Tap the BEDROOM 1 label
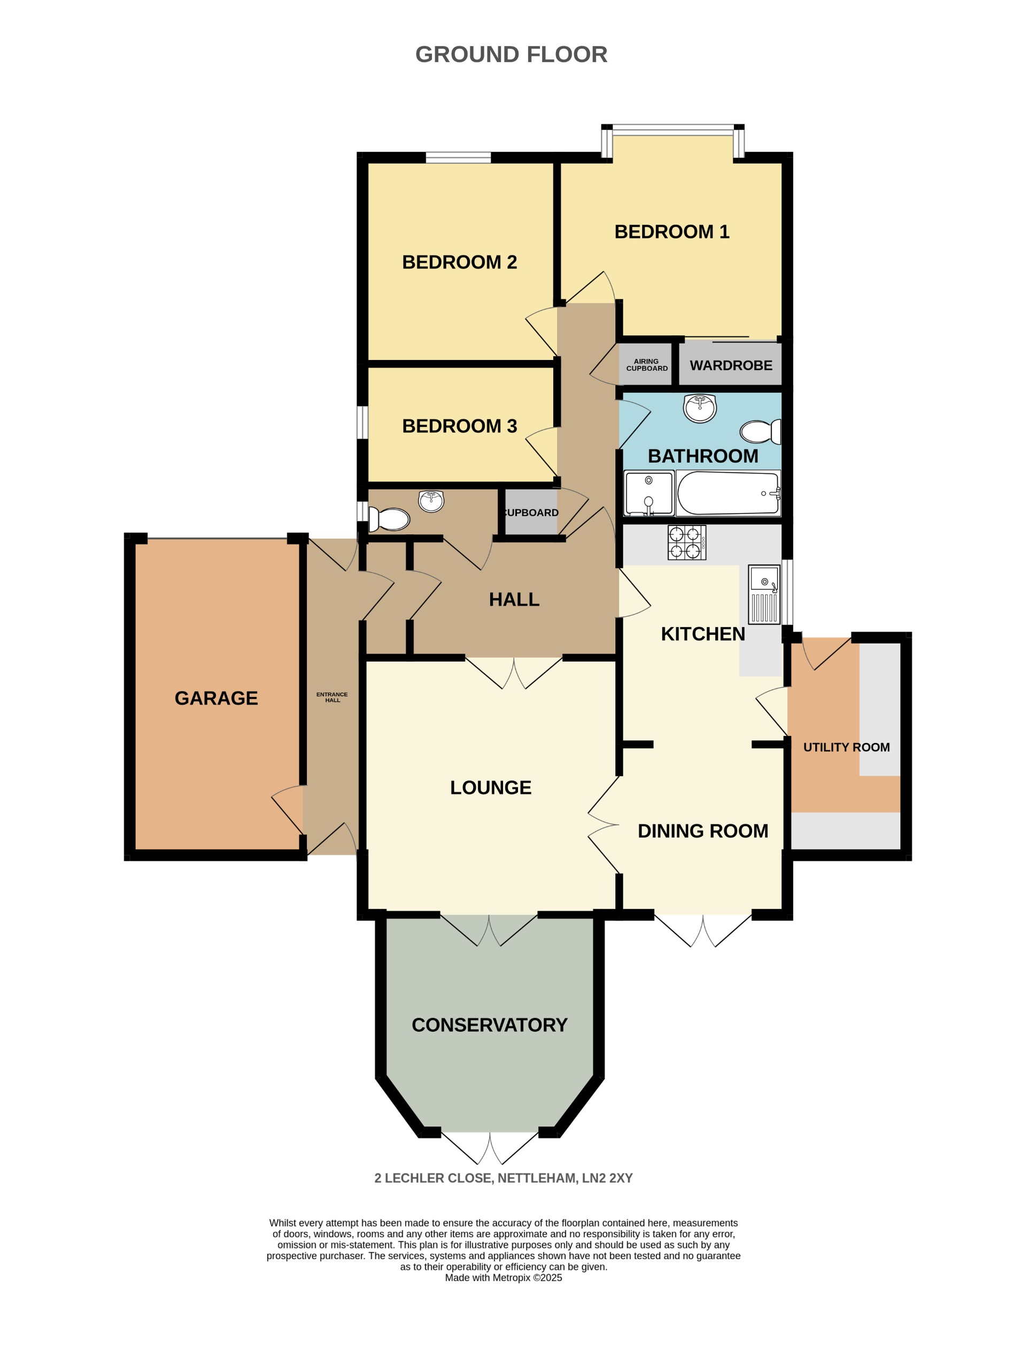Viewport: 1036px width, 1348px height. pyautogui.click(x=671, y=232)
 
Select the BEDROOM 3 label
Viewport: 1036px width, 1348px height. pyautogui.click(x=459, y=426)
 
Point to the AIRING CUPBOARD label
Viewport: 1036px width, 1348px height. pyautogui.click(x=647, y=365)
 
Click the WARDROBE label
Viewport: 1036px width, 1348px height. pyautogui.click(x=731, y=366)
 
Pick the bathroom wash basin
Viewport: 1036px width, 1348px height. pyautogui.click(x=700, y=408)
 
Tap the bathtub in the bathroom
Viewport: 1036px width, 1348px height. pyautogui.click(x=728, y=494)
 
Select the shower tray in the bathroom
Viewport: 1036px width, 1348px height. pyautogui.click(x=649, y=494)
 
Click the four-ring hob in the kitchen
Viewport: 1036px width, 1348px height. pyautogui.click(x=686, y=543)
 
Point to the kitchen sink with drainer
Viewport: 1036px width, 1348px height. pyautogui.click(x=764, y=595)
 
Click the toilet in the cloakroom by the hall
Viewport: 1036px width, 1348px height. pyautogui.click(x=389, y=519)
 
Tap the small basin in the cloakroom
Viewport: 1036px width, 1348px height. pyautogui.click(x=431, y=500)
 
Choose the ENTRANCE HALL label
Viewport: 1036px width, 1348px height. pyautogui.click(x=333, y=697)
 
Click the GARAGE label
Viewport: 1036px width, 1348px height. pyautogui.click(x=216, y=699)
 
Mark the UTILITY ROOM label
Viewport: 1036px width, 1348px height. pyautogui.click(x=846, y=748)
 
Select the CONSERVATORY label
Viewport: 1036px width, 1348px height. pyautogui.click(x=489, y=1025)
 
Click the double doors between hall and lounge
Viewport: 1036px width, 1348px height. pyautogui.click(x=514, y=673)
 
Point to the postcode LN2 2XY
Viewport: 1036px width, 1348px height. pyautogui.click(x=607, y=1178)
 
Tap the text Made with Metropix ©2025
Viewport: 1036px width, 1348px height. pyautogui.click(x=503, y=1278)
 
